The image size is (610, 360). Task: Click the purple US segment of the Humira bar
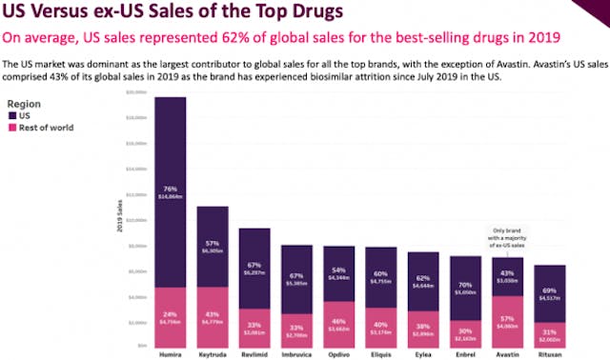[171, 190]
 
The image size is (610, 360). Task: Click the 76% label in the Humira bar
[171, 188]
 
